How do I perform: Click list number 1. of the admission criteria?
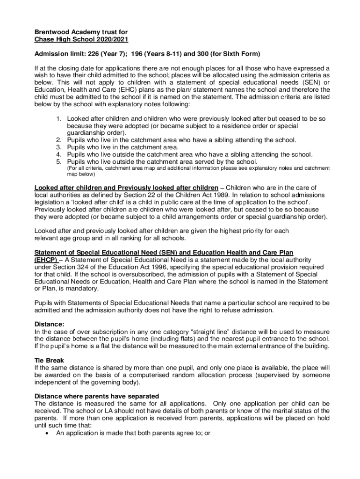click(x=59, y=119)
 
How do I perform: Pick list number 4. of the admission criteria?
click(x=59, y=154)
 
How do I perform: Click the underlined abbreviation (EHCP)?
click(x=46, y=260)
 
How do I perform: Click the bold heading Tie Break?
click(x=50, y=361)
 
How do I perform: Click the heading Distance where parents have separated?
click(x=97, y=396)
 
